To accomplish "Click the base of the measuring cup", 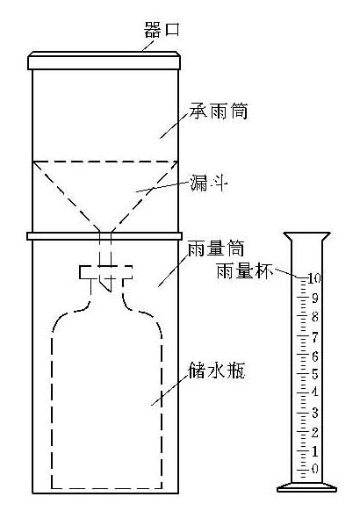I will [303, 486].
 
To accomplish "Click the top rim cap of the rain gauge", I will [104, 61].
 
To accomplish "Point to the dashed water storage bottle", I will [106, 395].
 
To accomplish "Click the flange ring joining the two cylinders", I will [104, 235].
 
